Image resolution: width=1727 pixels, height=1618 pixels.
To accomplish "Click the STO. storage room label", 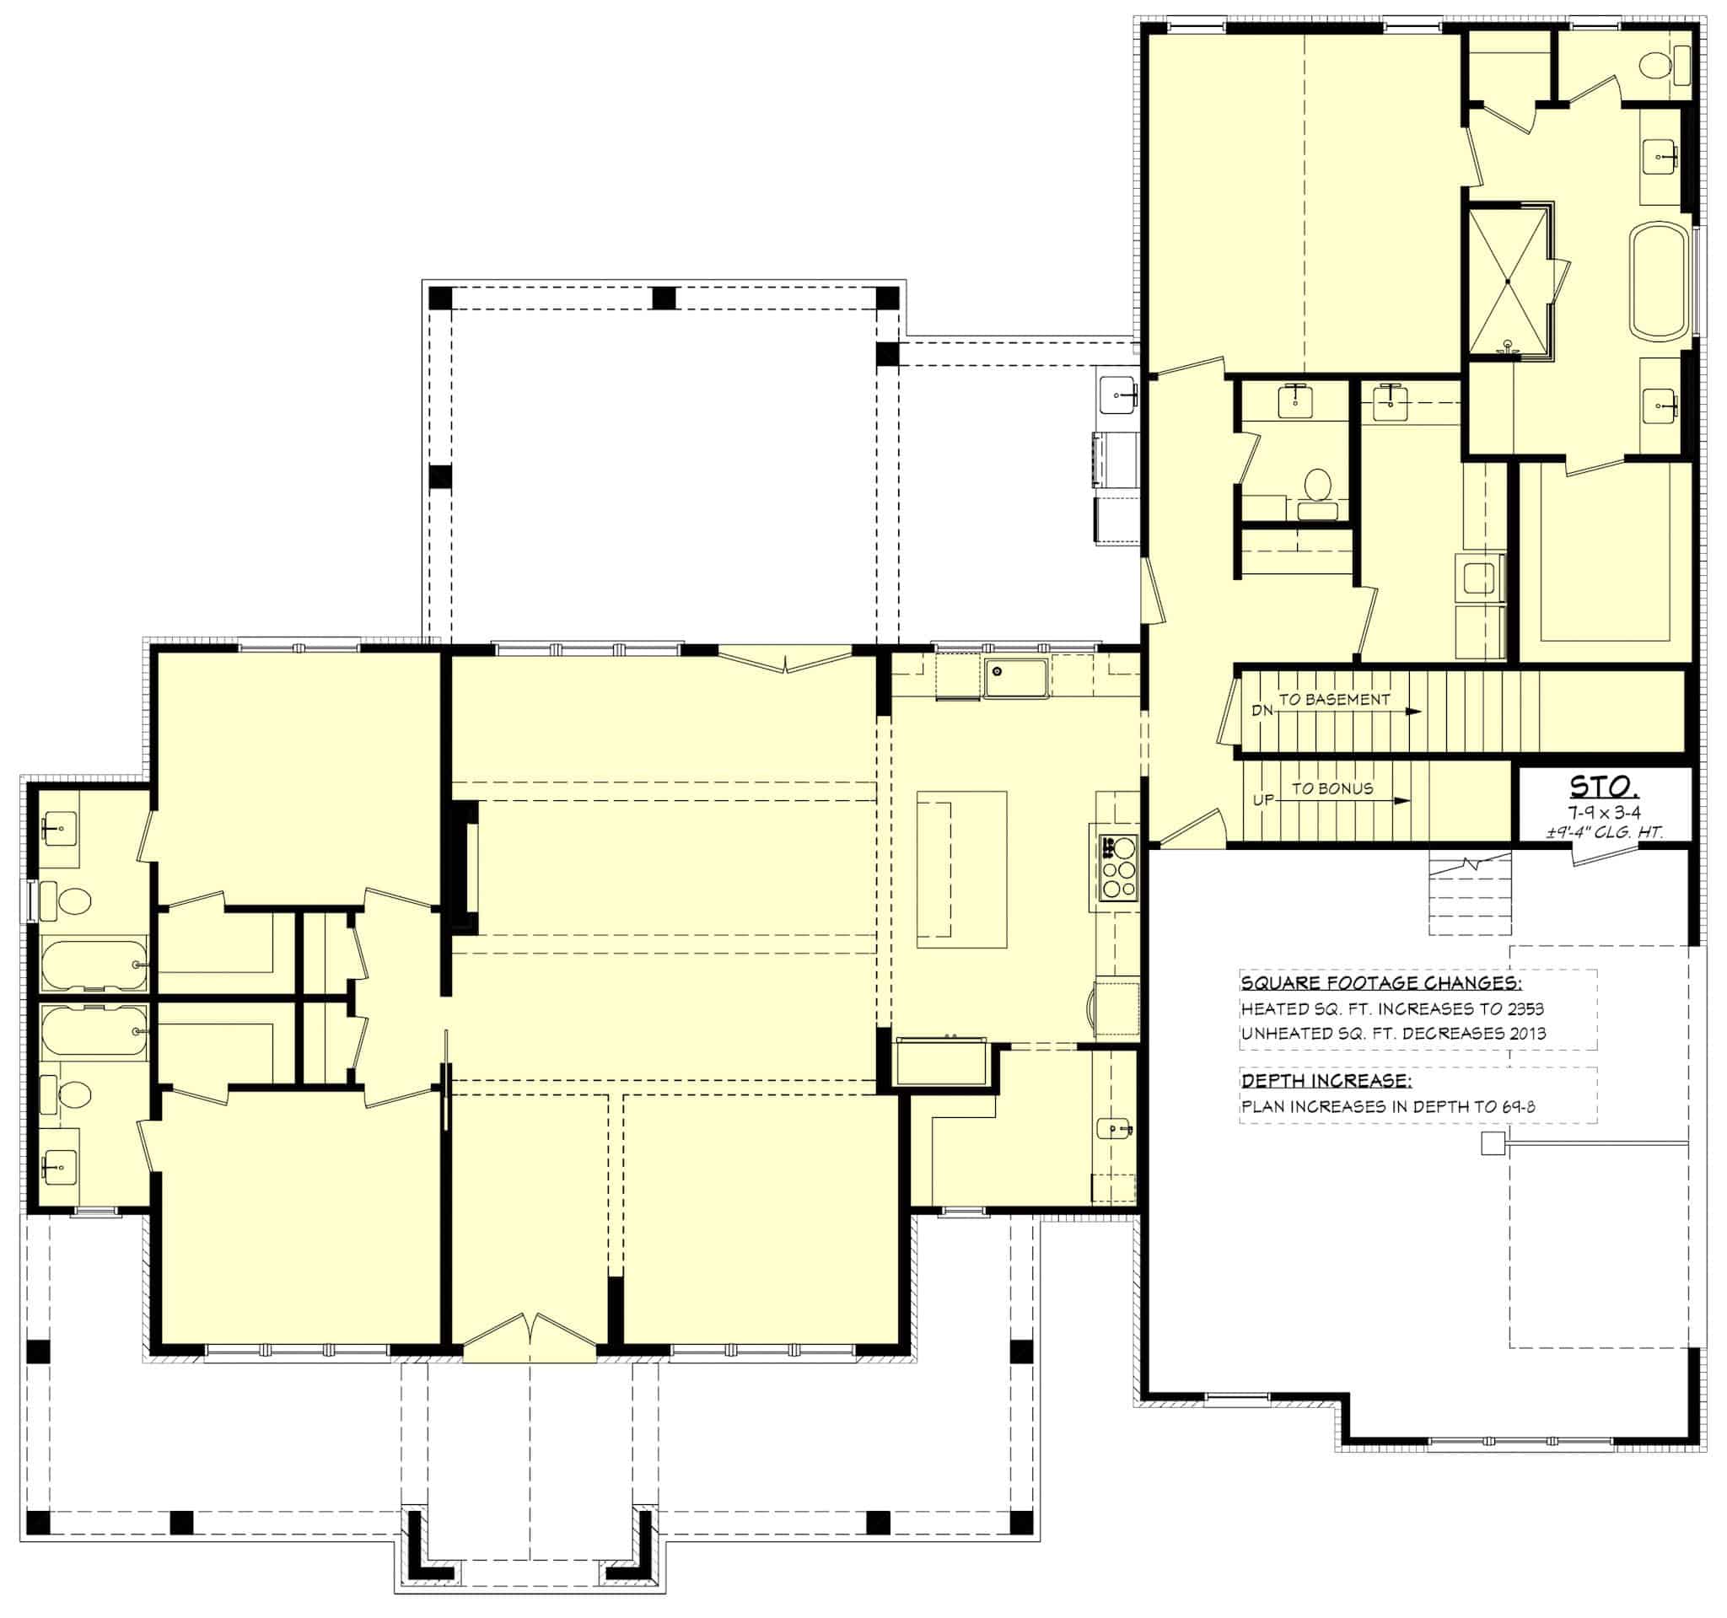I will point(1604,787).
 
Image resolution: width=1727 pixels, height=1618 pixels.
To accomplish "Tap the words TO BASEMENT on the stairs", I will point(1333,699).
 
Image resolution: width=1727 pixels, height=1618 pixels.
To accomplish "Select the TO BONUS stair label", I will point(1332,788).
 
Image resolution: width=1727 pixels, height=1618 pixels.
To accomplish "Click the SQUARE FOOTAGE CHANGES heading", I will point(1381,983).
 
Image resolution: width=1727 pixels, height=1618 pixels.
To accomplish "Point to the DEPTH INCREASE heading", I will point(1326,1080).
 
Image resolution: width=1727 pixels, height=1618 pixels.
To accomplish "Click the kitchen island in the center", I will point(961,868).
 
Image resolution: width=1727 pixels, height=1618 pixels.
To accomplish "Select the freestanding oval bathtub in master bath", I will point(1661,280).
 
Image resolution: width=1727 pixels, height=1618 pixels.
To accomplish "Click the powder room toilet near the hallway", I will point(1318,484).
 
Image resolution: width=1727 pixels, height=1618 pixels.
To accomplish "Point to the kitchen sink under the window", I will point(1015,678).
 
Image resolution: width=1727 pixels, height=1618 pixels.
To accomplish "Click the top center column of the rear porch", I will point(664,298).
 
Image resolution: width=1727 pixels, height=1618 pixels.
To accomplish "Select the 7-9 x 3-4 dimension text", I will point(1604,812).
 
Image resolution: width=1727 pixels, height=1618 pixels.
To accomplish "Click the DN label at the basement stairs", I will point(1262,711).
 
